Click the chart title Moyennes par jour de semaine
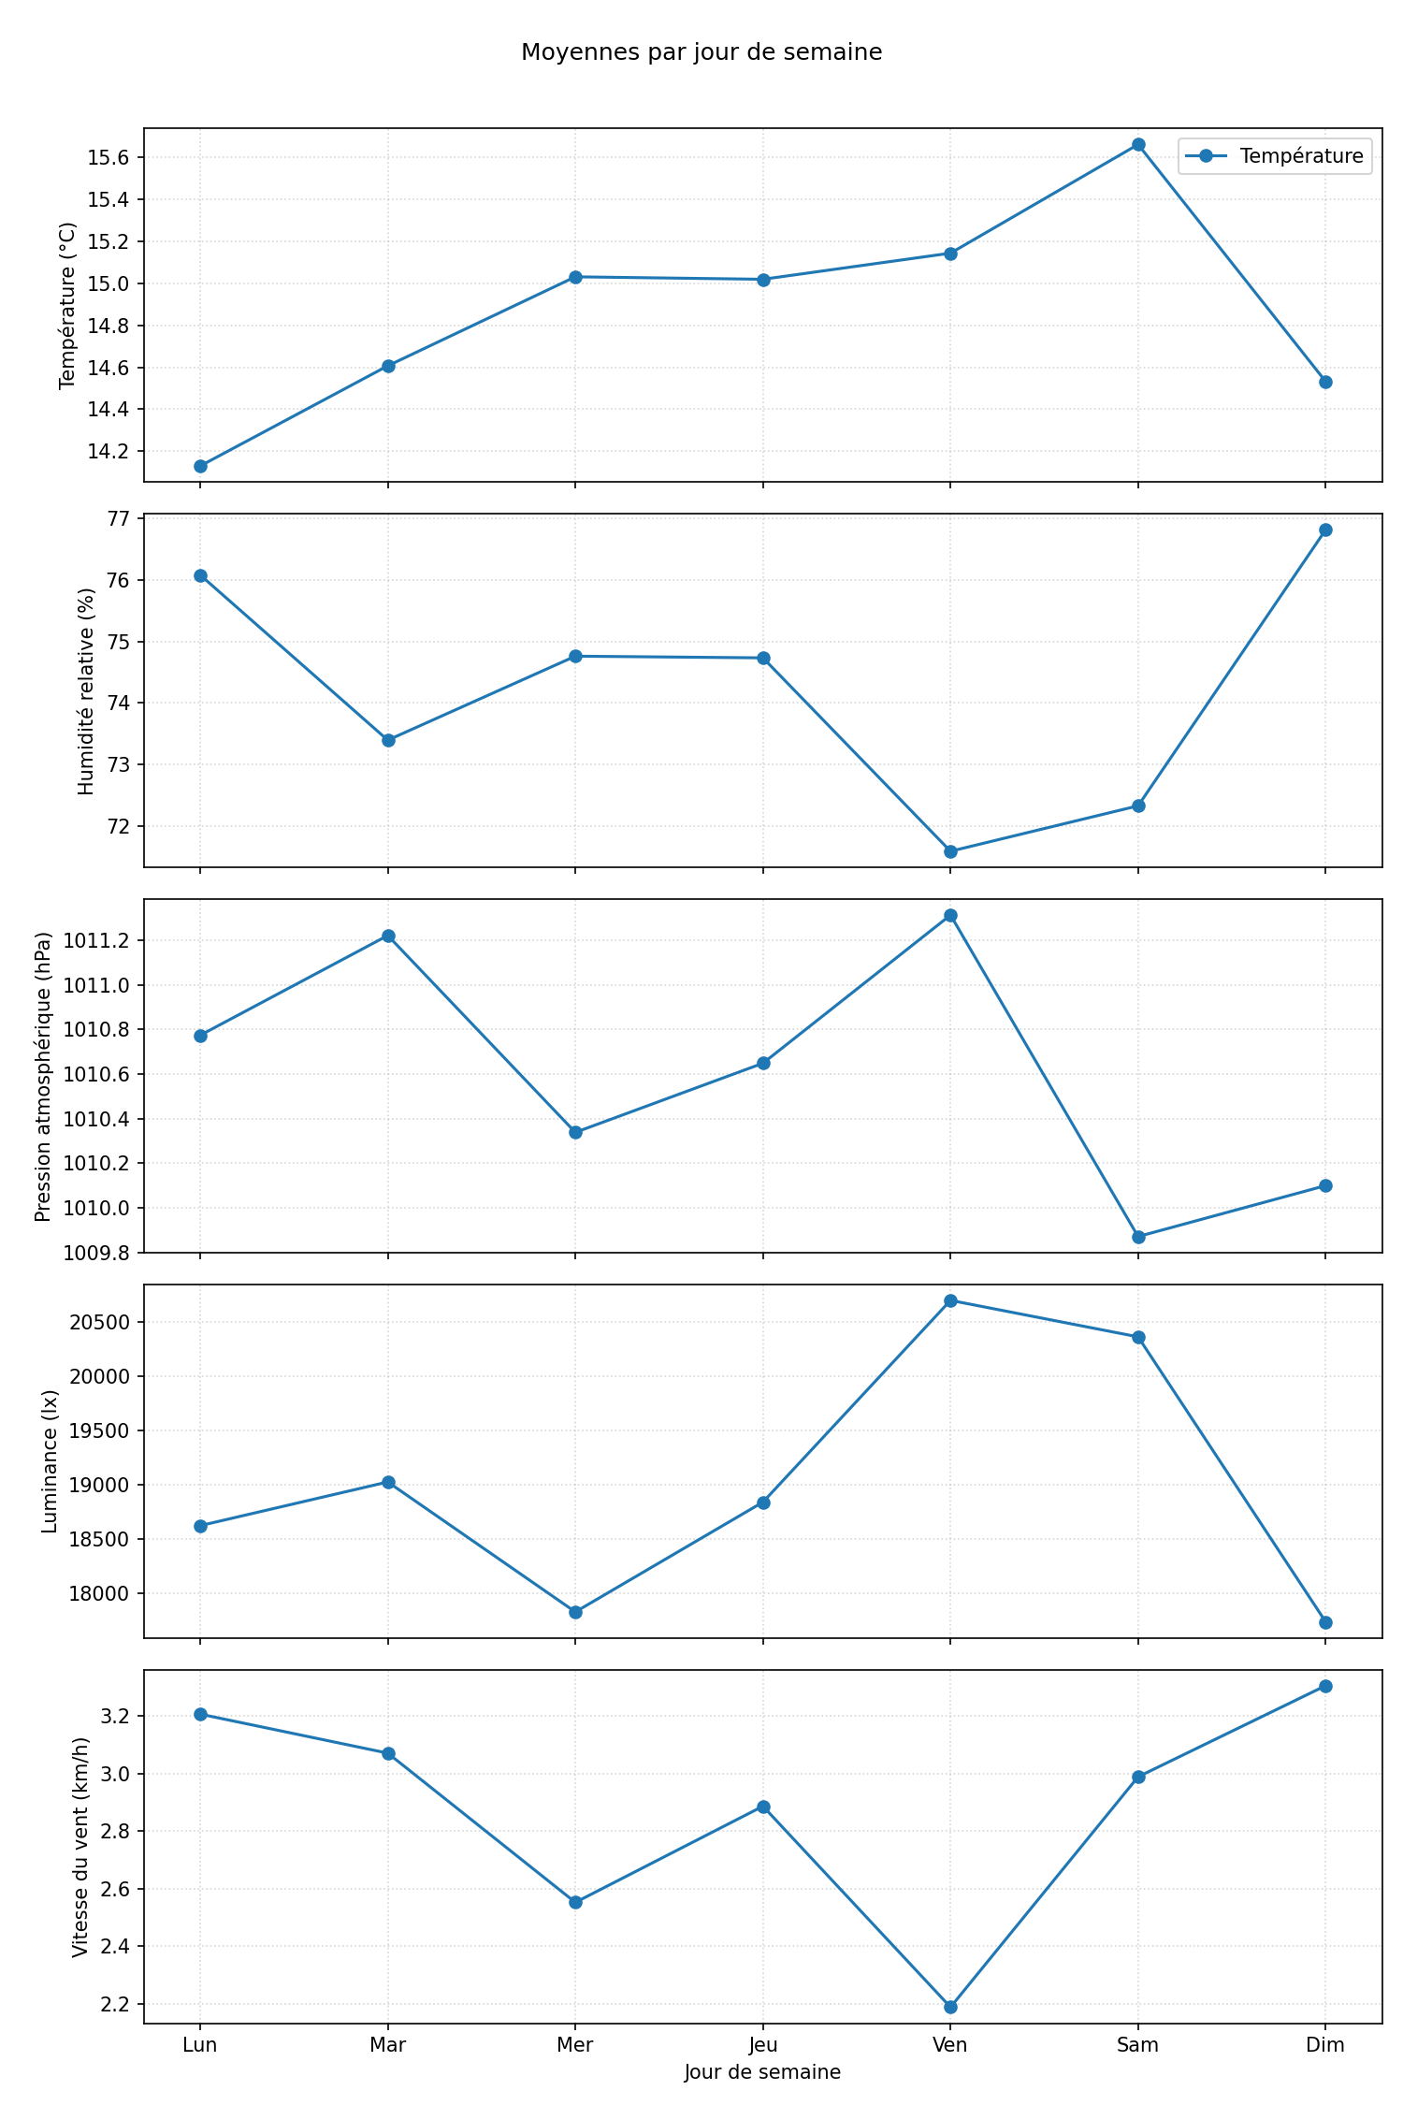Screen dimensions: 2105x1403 [x=701, y=52]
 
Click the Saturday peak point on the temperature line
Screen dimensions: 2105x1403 [x=1138, y=144]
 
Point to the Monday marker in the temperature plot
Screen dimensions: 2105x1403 [x=200, y=466]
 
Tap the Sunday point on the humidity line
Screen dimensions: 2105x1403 [x=1325, y=530]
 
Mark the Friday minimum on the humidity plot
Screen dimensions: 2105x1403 [x=950, y=851]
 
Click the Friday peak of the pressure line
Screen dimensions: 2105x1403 [x=950, y=915]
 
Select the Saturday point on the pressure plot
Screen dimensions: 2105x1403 [x=1138, y=1237]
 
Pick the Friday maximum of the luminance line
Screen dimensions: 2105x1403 [x=950, y=1300]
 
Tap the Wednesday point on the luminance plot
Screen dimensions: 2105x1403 [x=575, y=1612]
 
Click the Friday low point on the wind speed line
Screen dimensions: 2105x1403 [x=950, y=2007]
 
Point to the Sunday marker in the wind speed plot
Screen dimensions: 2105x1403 [x=1325, y=1686]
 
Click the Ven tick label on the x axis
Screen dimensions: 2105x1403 [x=950, y=2045]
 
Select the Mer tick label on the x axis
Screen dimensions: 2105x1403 [x=575, y=2045]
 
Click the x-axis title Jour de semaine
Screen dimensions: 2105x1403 [x=762, y=2072]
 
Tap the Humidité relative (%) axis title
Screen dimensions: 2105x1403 [x=87, y=691]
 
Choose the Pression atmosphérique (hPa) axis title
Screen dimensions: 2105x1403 [x=43, y=1076]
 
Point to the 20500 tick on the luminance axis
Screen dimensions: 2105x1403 [x=106, y=1323]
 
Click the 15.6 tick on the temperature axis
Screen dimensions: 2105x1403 [x=108, y=157]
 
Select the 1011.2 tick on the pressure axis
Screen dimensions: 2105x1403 [x=98, y=940]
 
